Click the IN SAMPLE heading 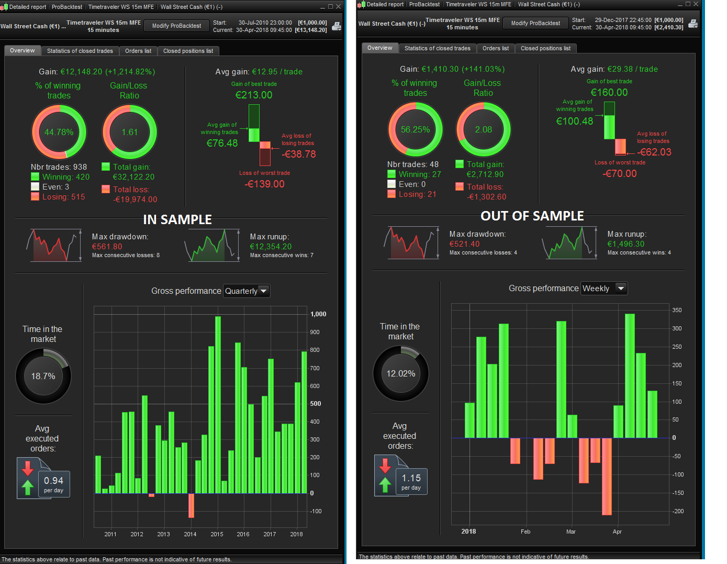(177, 219)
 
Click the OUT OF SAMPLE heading (532, 216)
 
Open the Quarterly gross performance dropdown (247, 291)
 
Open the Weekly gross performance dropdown (603, 289)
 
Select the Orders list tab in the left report (138, 51)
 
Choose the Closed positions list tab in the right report (545, 48)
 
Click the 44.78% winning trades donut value (59, 132)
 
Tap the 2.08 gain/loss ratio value (483, 129)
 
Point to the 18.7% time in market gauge (43, 376)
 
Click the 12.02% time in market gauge (400, 373)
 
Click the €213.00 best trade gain (254, 95)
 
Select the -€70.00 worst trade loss (620, 173)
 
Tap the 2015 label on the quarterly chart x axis (217, 534)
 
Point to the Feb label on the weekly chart (525, 532)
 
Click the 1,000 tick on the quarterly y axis (318, 314)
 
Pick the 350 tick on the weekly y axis (677, 310)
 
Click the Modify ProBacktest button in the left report (176, 26)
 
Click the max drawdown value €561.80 (107, 247)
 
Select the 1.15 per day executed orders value (411, 478)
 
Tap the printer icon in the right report (693, 24)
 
